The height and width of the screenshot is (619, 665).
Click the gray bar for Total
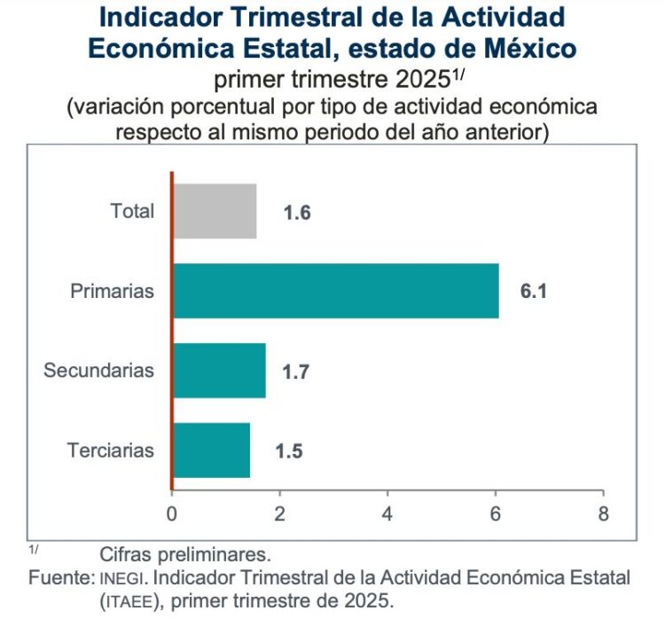[215, 211]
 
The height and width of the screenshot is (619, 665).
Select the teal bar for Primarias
[336, 291]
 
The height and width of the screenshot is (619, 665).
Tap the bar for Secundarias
[219, 370]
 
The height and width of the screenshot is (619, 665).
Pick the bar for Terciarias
[212, 450]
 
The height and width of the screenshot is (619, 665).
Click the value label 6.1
[534, 292]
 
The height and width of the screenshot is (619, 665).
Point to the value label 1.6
[297, 213]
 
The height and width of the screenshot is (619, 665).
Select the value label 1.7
[296, 372]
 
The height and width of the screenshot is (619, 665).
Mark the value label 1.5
[289, 451]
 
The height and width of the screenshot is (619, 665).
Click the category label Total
[132, 211]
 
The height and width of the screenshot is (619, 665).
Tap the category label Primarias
[113, 291]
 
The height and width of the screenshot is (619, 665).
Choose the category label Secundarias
[98, 370]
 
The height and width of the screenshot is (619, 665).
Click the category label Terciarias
[110, 450]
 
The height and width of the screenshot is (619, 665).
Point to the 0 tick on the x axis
[172, 513]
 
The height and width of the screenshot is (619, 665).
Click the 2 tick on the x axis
[279, 513]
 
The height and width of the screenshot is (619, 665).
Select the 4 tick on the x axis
[387, 513]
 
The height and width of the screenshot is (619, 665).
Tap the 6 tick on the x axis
[496, 513]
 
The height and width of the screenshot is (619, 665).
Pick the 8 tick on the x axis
[603, 513]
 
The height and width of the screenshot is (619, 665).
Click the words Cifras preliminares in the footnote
[184, 555]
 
